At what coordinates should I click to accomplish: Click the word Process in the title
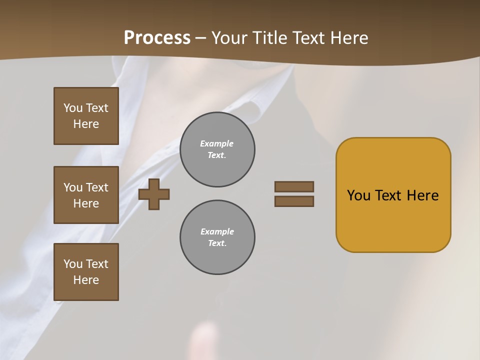157,38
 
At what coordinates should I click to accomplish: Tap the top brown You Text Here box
86,116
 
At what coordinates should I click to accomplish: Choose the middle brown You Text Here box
86,195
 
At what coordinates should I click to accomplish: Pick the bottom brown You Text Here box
86,272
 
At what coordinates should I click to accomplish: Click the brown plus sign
154,194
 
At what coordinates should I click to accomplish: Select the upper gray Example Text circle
217,149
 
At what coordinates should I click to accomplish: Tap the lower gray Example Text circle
217,237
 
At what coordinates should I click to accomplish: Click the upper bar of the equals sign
294,186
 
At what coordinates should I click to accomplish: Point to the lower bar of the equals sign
294,201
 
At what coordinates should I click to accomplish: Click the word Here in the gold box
422,195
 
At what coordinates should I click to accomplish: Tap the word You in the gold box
358,195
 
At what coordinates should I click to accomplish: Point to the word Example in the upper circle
216,143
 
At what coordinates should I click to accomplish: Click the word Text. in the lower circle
217,243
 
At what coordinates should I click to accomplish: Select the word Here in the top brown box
86,124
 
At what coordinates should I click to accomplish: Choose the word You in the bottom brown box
72,264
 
